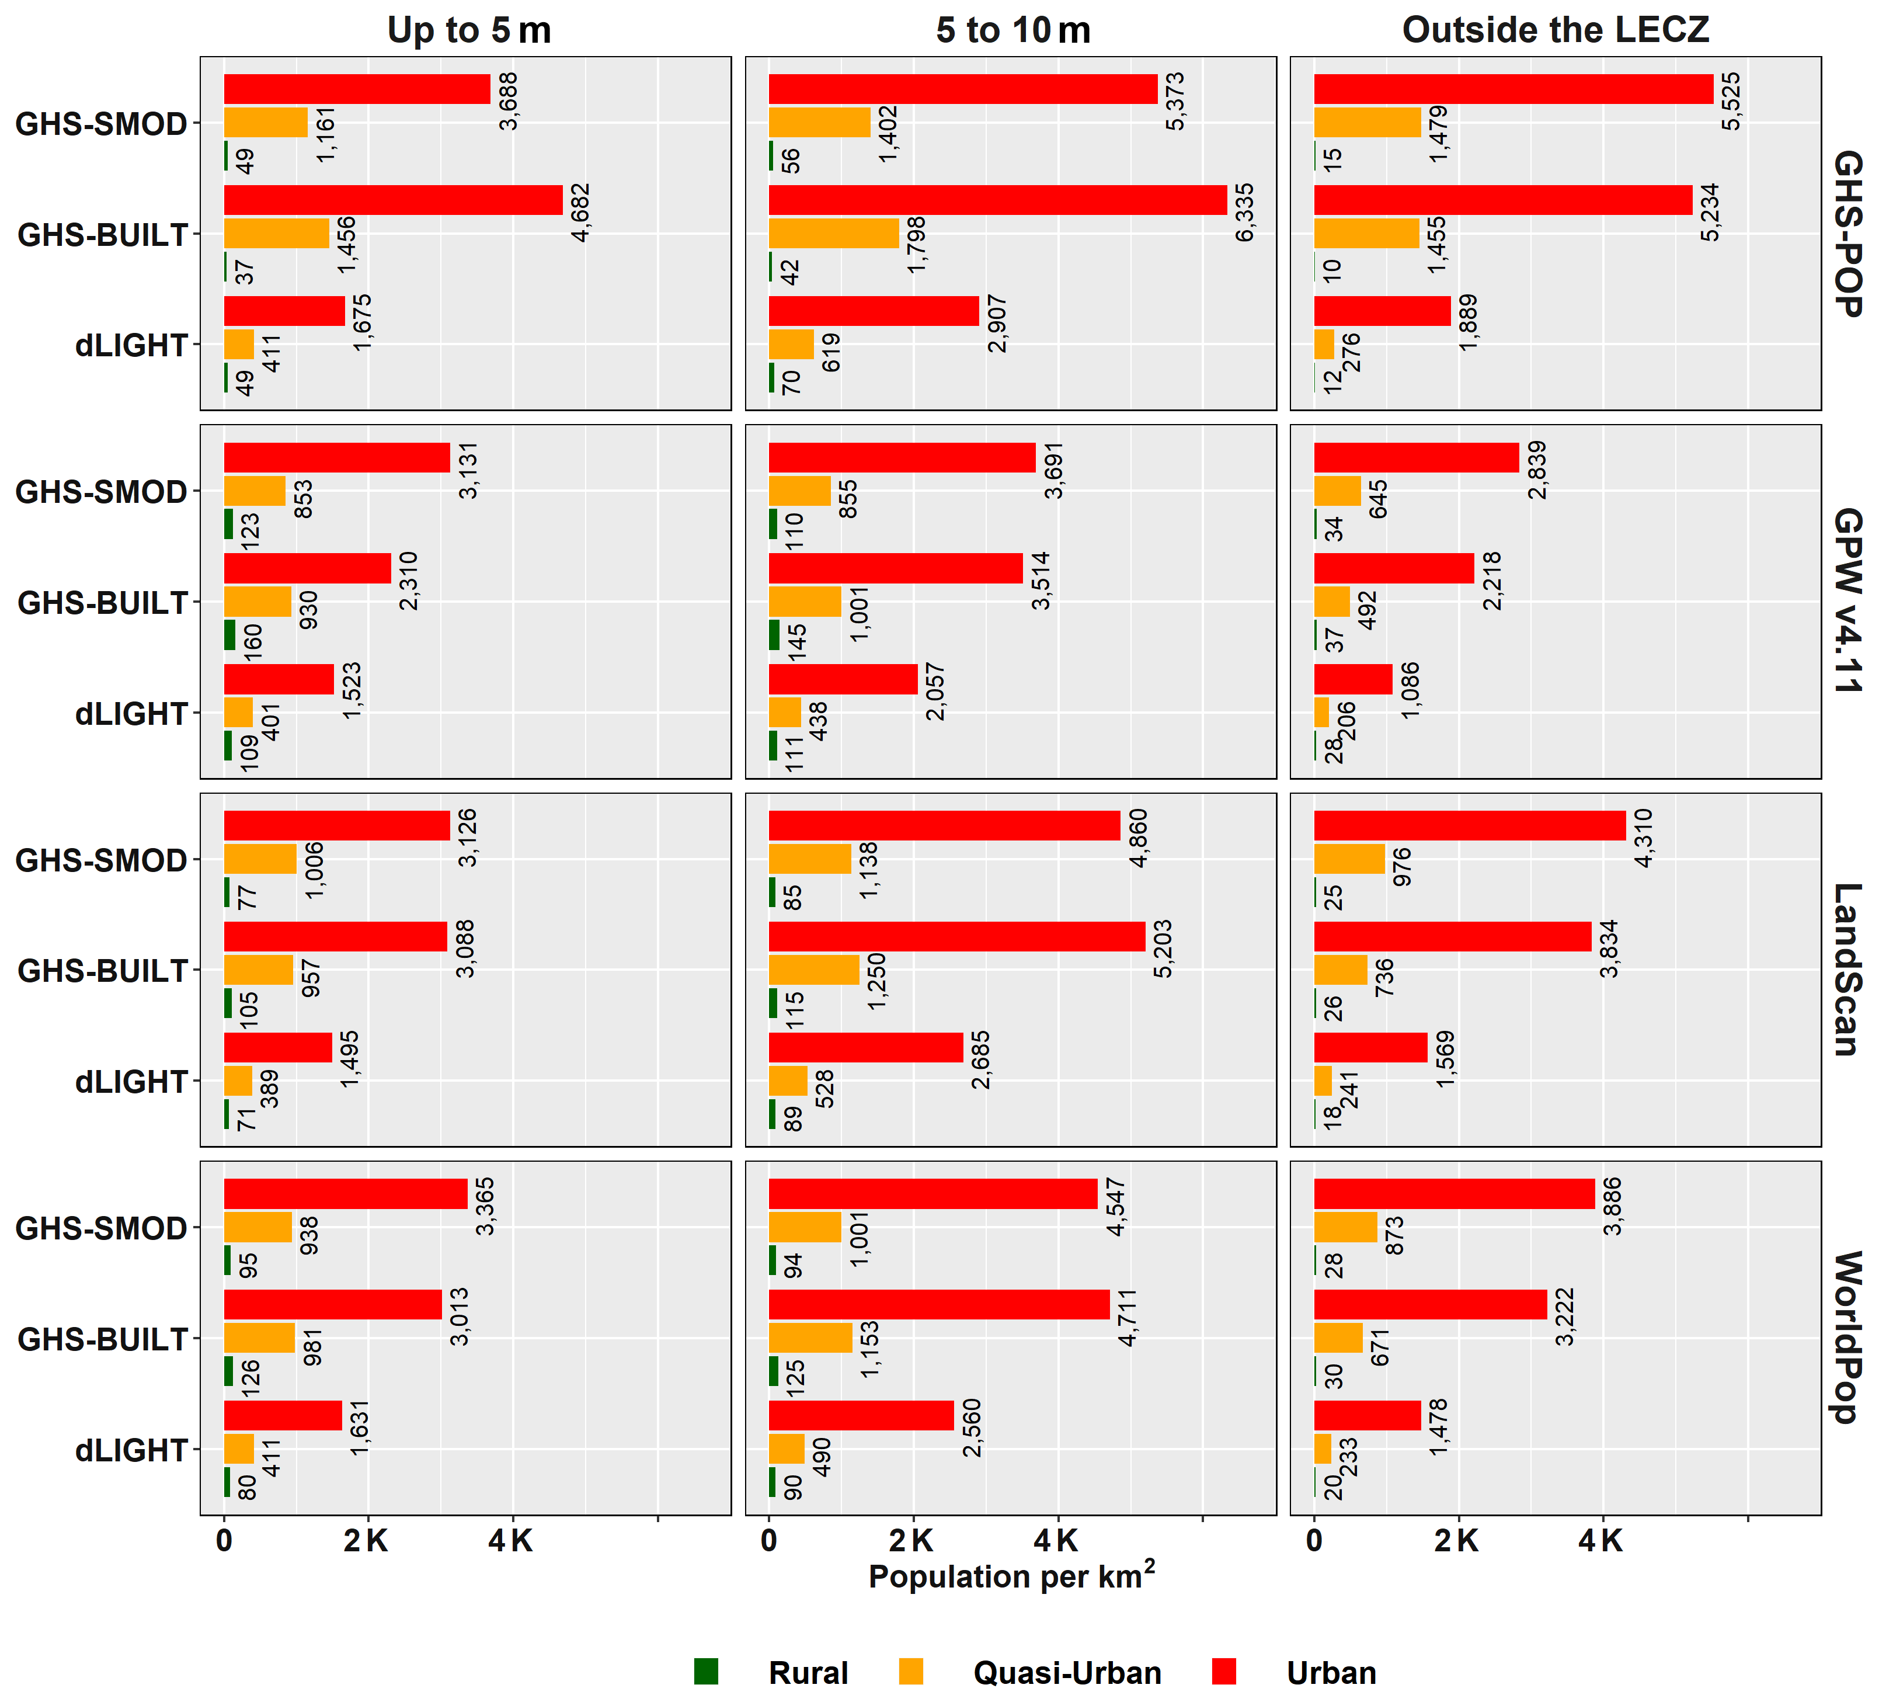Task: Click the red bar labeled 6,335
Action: tap(997, 200)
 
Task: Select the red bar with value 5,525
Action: tap(1513, 89)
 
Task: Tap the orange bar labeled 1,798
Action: tap(833, 233)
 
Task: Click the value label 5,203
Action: tap(1162, 949)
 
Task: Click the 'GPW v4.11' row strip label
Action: tap(1847, 600)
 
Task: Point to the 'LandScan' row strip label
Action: tap(1847, 970)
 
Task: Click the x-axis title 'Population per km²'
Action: tap(1011, 1576)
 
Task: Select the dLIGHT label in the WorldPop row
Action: tap(131, 1450)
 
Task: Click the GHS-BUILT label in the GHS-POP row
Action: tap(103, 235)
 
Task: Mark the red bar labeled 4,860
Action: tap(944, 825)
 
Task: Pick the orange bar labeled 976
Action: tap(1349, 859)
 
